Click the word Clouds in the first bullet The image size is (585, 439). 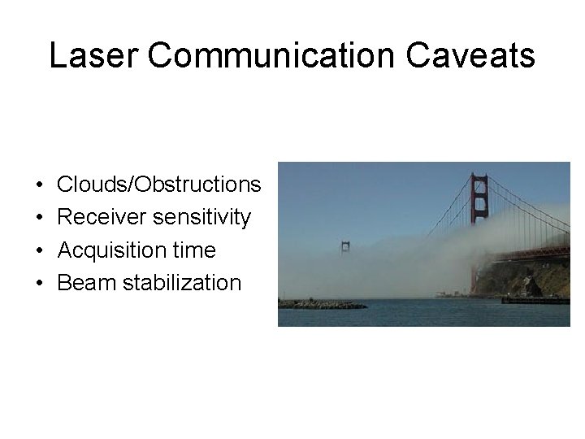coord(90,185)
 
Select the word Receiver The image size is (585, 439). coord(96,218)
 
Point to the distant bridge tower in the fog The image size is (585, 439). coord(345,247)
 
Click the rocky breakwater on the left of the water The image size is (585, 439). coord(321,304)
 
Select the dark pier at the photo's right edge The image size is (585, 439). coord(536,300)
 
